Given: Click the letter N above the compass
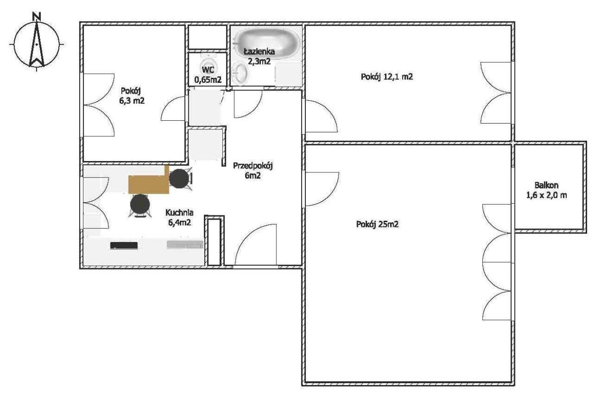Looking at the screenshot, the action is point(37,17).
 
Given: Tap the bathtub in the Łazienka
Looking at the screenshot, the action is point(267,43).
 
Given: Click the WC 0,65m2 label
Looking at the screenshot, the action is point(208,75).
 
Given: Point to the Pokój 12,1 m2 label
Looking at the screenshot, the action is point(386,77).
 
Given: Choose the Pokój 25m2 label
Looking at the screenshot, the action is point(377,224).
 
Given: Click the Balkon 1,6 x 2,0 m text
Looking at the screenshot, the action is point(546,190).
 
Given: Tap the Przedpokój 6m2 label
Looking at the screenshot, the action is point(253,171).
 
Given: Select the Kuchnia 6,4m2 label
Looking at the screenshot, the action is point(179,217).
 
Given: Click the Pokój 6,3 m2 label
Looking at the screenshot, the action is point(132,96).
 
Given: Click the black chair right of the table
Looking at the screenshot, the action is point(179,179).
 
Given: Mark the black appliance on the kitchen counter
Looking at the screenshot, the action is point(124,246).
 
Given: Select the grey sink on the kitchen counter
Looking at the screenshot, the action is point(185,244).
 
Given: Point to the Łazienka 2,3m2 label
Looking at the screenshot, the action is point(259,56).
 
